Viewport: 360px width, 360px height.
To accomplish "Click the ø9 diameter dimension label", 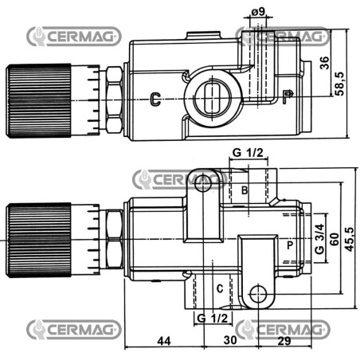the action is (258, 12).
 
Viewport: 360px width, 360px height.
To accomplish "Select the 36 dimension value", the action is (324, 63).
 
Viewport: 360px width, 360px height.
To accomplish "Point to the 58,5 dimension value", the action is (339, 84).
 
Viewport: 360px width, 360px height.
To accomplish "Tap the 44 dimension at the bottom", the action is (164, 341).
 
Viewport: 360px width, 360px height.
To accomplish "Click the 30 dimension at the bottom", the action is (230, 340).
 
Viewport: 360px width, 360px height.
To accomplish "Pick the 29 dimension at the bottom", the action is (284, 341).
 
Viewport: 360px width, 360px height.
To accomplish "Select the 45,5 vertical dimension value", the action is (349, 239).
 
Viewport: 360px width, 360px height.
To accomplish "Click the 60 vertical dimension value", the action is (335, 239).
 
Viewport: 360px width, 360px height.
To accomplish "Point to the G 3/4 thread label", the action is (319, 239).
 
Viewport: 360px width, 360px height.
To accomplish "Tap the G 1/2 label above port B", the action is (248, 153).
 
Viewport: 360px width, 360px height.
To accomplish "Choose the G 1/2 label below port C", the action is (212, 318).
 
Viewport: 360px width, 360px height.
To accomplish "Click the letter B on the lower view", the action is (245, 190).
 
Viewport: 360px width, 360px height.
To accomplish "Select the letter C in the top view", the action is (155, 99).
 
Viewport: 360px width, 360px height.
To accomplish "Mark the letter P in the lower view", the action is (290, 245).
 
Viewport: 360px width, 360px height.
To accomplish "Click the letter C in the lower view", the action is (220, 288).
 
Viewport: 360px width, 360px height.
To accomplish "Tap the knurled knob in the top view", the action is (38, 100).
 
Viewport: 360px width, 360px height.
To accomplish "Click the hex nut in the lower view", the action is (115, 239).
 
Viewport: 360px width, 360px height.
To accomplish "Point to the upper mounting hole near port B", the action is (203, 183).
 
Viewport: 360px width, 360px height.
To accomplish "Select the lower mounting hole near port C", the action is (258, 294).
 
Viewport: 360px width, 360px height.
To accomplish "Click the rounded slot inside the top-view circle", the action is (212, 99).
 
